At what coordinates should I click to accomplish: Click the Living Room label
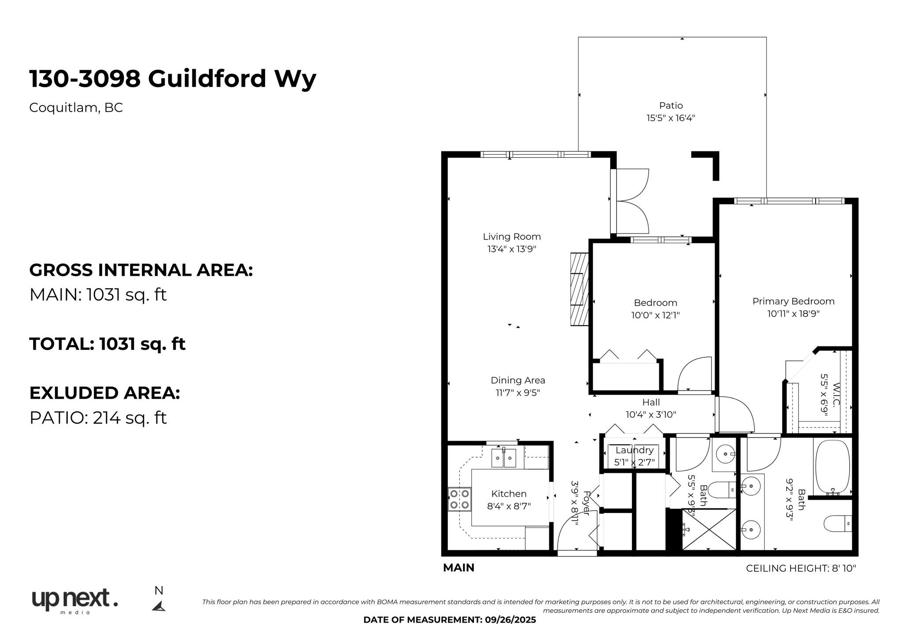click(x=512, y=237)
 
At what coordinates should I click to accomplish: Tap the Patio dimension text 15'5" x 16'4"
click(x=671, y=118)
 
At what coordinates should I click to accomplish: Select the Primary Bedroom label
click(x=793, y=301)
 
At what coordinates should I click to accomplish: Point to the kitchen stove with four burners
click(x=459, y=499)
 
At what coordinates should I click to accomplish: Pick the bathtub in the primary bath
click(x=832, y=467)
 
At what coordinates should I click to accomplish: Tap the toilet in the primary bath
click(x=838, y=523)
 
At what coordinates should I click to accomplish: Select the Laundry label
click(x=634, y=450)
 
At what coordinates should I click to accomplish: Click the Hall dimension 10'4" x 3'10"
click(x=651, y=415)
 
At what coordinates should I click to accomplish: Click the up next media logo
click(x=75, y=601)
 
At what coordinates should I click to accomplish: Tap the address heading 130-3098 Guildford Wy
click(x=173, y=79)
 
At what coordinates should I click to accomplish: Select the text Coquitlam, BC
click(x=76, y=108)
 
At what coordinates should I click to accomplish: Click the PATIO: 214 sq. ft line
click(x=98, y=418)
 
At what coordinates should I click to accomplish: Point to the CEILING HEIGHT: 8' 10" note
click(x=801, y=568)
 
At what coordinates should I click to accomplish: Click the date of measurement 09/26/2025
click(x=511, y=620)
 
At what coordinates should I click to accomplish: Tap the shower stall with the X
click(x=709, y=529)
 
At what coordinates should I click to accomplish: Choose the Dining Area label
click(x=518, y=380)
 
